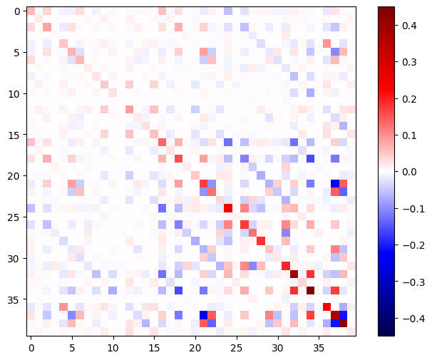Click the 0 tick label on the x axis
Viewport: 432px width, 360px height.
(x=31, y=347)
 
